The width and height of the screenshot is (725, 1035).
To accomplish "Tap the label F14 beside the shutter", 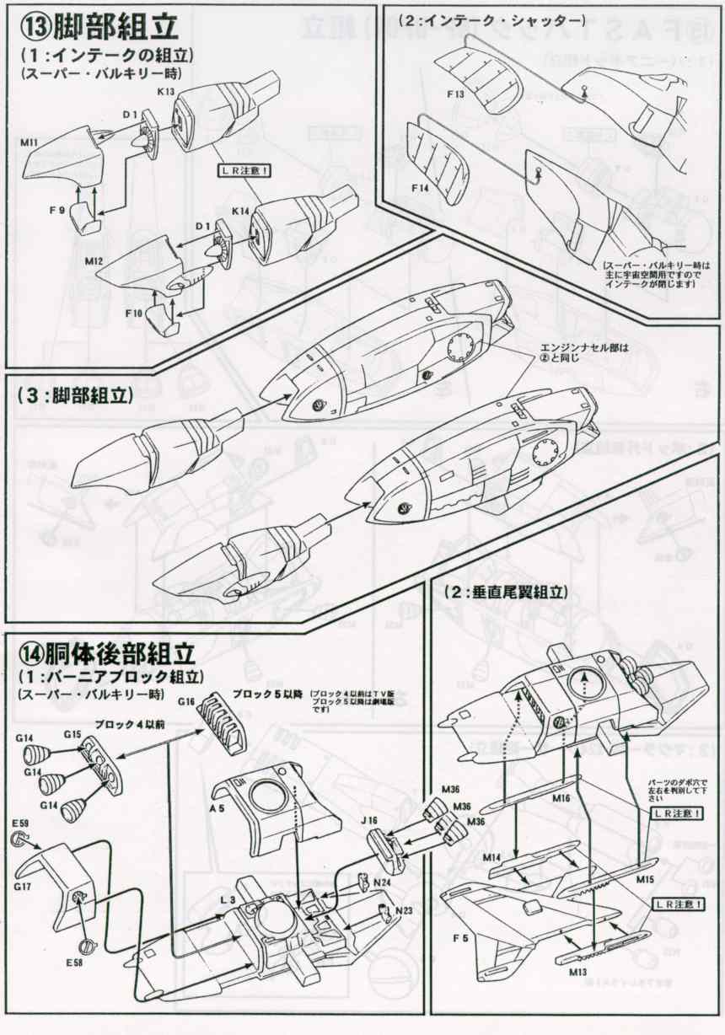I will pos(419,187).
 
